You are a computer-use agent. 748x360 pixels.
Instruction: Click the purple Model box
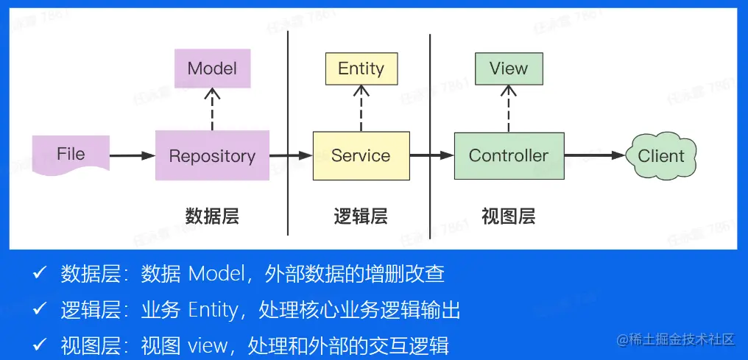(212, 68)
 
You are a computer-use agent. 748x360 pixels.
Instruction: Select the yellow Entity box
(361, 68)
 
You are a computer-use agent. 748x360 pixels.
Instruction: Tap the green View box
(509, 68)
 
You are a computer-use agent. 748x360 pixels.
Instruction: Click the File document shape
(71, 155)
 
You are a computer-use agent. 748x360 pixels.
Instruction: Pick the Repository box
(212, 155)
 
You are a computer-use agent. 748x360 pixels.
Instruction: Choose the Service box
(361, 155)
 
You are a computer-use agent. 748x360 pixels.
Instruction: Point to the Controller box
(509, 155)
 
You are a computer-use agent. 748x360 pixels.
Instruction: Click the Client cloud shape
(661, 155)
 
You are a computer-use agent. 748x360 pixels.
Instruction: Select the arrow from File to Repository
(133, 155)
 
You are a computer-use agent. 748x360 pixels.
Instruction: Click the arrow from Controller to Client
(595, 155)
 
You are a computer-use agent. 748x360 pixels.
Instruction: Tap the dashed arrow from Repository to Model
(212, 109)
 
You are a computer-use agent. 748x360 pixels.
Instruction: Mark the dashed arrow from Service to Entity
(361, 108)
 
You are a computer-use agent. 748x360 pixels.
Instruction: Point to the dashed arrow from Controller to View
(509, 109)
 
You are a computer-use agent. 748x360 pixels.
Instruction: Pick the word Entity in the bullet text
(214, 311)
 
